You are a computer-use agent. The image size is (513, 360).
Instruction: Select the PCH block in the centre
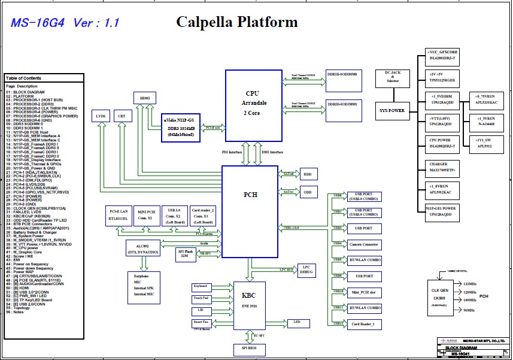tap(250, 195)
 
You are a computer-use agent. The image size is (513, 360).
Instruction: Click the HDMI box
tap(145, 98)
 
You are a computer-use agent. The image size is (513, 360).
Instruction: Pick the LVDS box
tap(101, 115)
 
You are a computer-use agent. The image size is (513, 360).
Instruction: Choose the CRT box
tap(122, 115)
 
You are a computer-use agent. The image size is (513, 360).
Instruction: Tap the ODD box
tap(307, 192)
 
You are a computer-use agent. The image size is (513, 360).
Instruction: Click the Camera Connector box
tap(364, 244)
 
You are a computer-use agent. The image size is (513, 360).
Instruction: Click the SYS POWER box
tap(392, 110)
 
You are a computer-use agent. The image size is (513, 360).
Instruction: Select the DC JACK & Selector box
tap(392, 78)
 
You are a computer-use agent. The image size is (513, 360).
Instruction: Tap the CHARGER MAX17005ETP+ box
tap(442, 168)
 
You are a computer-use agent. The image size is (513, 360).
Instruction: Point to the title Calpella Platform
tap(236, 23)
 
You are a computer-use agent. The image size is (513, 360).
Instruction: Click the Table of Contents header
tap(24, 78)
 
